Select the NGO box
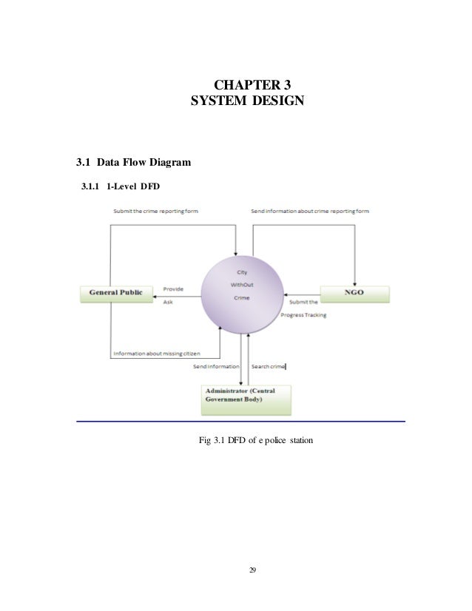(x=354, y=294)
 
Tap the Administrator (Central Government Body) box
(x=246, y=399)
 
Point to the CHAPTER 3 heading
(x=246, y=84)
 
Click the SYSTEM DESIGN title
(x=246, y=101)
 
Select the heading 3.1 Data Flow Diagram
(x=124, y=162)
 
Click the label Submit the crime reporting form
(x=155, y=212)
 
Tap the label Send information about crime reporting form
(x=310, y=212)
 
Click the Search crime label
(x=268, y=366)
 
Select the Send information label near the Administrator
(x=216, y=366)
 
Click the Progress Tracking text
(x=304, y=315)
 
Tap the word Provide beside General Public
(x=173, y=288)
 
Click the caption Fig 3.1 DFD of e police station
(x=257, y=442)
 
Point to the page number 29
(x=253, y=569)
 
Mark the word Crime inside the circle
(x=241, y=297)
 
